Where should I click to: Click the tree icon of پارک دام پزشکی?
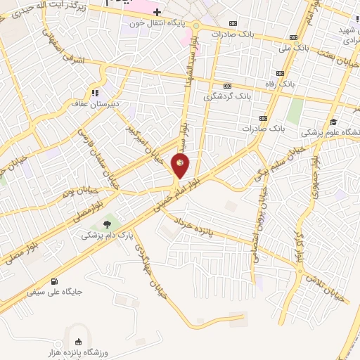pos(107,224)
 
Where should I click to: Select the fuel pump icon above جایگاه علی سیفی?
pos(54,278)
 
